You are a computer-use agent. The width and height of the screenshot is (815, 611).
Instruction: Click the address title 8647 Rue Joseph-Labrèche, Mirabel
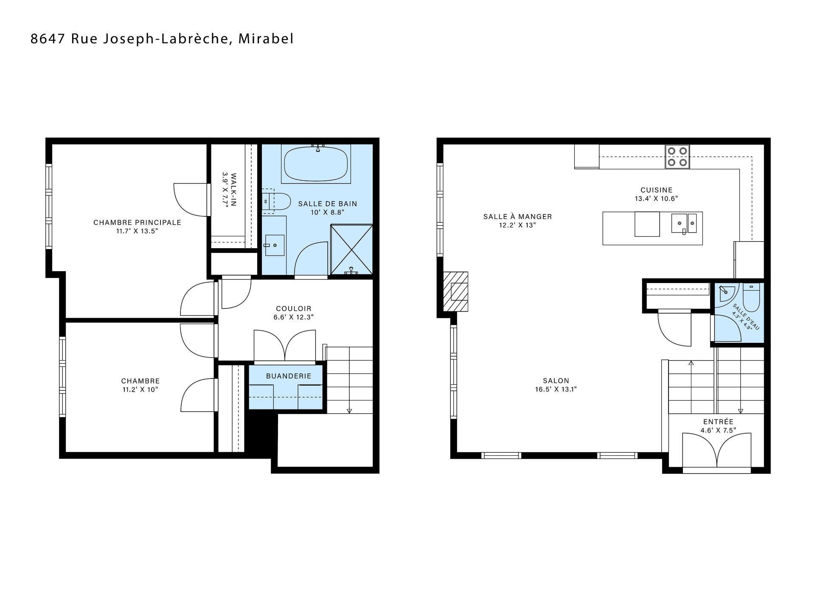pos(162,39)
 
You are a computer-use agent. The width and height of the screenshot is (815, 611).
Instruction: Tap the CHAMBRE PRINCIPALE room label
pos(137,222)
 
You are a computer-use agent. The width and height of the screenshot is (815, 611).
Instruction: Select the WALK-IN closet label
pos(232,189)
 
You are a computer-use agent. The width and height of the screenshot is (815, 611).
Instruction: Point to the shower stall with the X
pos(351,249)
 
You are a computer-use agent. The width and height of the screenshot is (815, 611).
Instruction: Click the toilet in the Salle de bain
pos(275,202)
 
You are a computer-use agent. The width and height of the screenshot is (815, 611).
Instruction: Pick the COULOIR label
pos(294,308)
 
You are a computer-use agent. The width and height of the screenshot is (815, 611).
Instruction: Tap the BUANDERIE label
pos(289,376)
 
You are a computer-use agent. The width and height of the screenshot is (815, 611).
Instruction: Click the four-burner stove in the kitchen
pos(677,157)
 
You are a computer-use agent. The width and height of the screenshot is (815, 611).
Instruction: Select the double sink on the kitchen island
pos(683,223)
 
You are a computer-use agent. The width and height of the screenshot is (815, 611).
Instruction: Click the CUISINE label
pos(656,190)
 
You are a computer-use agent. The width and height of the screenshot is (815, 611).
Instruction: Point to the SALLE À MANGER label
pos(517,216)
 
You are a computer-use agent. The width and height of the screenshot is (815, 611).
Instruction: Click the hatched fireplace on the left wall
pos(455,291)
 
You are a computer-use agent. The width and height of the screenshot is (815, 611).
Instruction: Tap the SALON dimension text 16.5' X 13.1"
pos(556,389)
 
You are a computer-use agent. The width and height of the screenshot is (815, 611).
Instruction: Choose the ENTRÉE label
pos(718,422)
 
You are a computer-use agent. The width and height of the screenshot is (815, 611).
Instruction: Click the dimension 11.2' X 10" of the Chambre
pos(140,390)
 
